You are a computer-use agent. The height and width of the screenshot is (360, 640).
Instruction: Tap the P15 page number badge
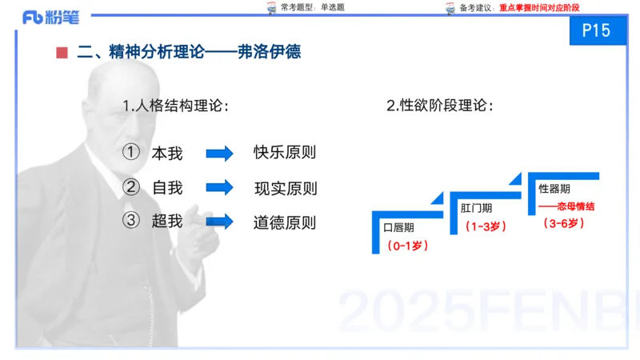(x=597, y=30)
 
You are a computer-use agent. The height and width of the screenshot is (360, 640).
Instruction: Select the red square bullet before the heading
(x=62, y=54)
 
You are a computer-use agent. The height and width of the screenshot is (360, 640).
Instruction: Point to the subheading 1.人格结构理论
(x=175, y=106)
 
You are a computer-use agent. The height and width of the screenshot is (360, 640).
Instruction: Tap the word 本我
(x=167, y=153)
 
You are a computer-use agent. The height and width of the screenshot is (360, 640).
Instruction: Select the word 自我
(x=167, y=188)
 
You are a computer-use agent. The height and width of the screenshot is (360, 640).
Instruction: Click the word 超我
(x=167, y=221)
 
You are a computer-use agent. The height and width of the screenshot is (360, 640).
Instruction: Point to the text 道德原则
(x=285, y=222)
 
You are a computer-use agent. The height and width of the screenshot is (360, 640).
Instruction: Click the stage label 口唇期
(x=398, y=227)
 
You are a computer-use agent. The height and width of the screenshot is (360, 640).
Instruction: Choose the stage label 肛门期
(x=476, y=207)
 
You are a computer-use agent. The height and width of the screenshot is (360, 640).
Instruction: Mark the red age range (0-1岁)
(x=407, y=246)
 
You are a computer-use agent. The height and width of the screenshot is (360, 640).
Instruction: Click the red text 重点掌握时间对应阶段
(x=538, y=7)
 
